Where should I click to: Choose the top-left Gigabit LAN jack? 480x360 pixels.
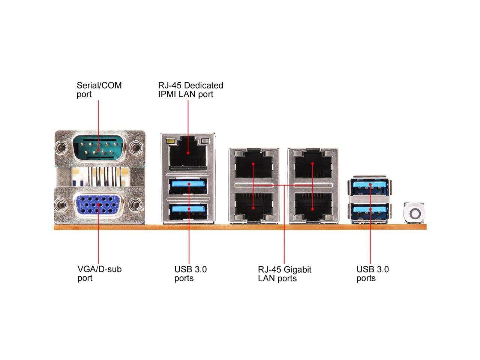pyautogui.click(x=253, y=165)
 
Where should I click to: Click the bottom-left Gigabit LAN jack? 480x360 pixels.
pyautogui.click(x=253, y=206)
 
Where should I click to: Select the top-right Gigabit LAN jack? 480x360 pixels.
pyautogui.click(x=313, y=165)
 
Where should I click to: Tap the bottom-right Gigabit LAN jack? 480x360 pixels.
pyautogui.click(x=313, y=206)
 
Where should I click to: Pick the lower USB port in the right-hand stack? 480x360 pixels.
pyautogui.click(x=370, y=210)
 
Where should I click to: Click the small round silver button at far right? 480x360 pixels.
pyautogui.click(x=414, y=213)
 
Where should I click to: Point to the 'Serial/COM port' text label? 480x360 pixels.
pyautogui.click(x=99, y=90)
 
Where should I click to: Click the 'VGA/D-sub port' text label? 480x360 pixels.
pyautogui.click(x=99, y=273)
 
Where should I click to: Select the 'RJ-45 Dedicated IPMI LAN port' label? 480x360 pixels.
pyautogui.click(x=190, y=90)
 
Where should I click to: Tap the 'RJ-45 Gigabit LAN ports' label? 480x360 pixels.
pyautogui.click(x=285, y=274)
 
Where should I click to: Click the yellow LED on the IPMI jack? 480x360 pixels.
pyautogui.click(x=172, y=142)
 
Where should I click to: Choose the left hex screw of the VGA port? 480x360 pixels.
pyautogui.click(x=60, y=205)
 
